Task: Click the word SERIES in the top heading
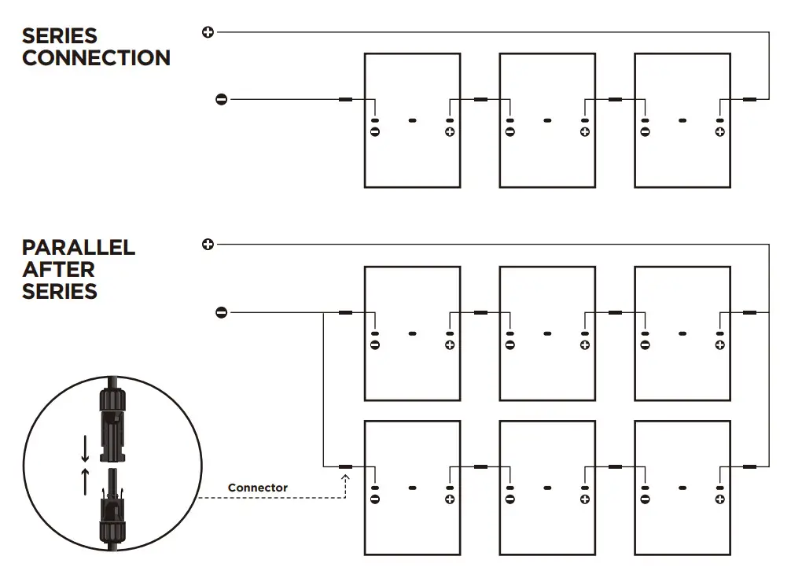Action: [x=60, y=36]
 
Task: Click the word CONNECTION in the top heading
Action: [x=96, y=58]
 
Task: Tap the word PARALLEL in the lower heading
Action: [x=79, y=247]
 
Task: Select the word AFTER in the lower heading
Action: [x=58, y=269]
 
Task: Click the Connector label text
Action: [x=257, y=488]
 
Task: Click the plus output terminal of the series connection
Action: [x=208, y=32]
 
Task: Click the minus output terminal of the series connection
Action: [x=222, y=99]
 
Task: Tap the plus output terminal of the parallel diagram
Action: [x=208, y=244]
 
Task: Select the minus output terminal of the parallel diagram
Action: [x=222, y=313]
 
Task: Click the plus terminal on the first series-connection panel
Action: [x=450, y=131]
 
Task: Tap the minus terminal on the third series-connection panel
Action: [x=645, y=131]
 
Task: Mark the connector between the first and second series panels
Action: [x=480, y=100]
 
